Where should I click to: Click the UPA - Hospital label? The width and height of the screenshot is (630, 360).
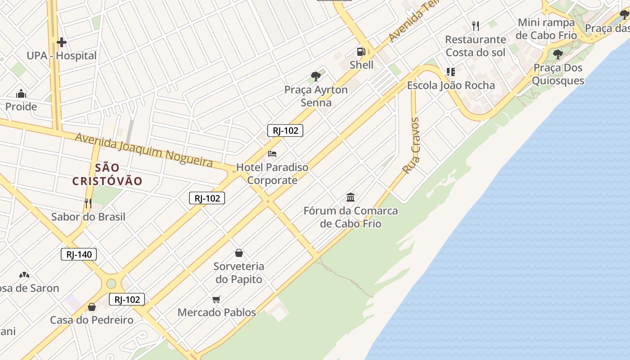tap(62, 56)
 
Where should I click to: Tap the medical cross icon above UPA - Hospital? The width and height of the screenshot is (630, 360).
tap(62, 43)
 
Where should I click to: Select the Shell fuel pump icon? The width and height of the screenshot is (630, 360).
tap(361, 52)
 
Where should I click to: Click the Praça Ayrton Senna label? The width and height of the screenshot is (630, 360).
tap(316, 96)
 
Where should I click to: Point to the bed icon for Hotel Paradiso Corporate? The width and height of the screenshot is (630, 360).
tap(272, 154)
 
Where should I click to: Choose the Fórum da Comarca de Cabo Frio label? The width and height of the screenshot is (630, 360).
tap(351, 217)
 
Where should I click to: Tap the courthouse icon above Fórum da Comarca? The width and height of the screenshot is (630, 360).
tap(351, 197)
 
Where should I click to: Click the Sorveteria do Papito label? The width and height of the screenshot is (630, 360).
tap(238, 273)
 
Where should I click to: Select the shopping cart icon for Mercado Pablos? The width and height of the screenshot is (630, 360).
tap(216, 299)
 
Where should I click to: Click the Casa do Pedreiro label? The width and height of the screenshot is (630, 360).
tap(92, 320)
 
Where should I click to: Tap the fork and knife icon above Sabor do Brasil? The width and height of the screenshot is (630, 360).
tap(88, 203)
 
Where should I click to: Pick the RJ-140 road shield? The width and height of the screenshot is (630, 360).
tap(79, 254)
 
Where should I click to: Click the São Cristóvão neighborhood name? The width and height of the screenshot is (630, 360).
tap(108, 175)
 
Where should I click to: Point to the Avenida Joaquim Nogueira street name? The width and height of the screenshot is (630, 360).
tap(144, 150)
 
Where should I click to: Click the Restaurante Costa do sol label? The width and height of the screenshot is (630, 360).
tap(475, 46)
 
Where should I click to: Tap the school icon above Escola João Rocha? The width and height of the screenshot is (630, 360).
tap(450, 72)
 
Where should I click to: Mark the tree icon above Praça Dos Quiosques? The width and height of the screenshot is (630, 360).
tap(558, 55)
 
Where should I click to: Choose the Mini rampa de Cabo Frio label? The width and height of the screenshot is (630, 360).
tap(546, 29)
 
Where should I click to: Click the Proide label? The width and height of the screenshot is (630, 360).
tap(21, 107)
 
